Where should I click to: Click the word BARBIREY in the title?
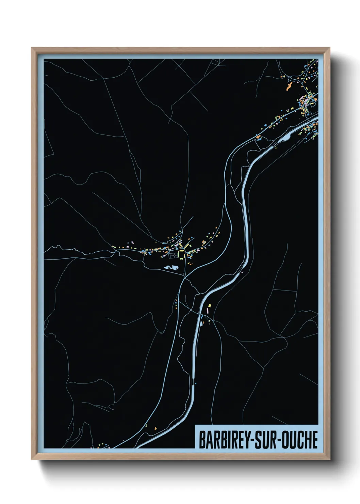[224, 440]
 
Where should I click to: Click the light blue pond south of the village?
[170, 268]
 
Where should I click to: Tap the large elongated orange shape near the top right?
[290, 85]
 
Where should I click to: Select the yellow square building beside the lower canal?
[210, 305]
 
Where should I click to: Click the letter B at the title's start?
[201, 440]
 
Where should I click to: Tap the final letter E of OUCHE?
[315, 440]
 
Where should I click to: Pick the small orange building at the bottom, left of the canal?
[156, 428]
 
